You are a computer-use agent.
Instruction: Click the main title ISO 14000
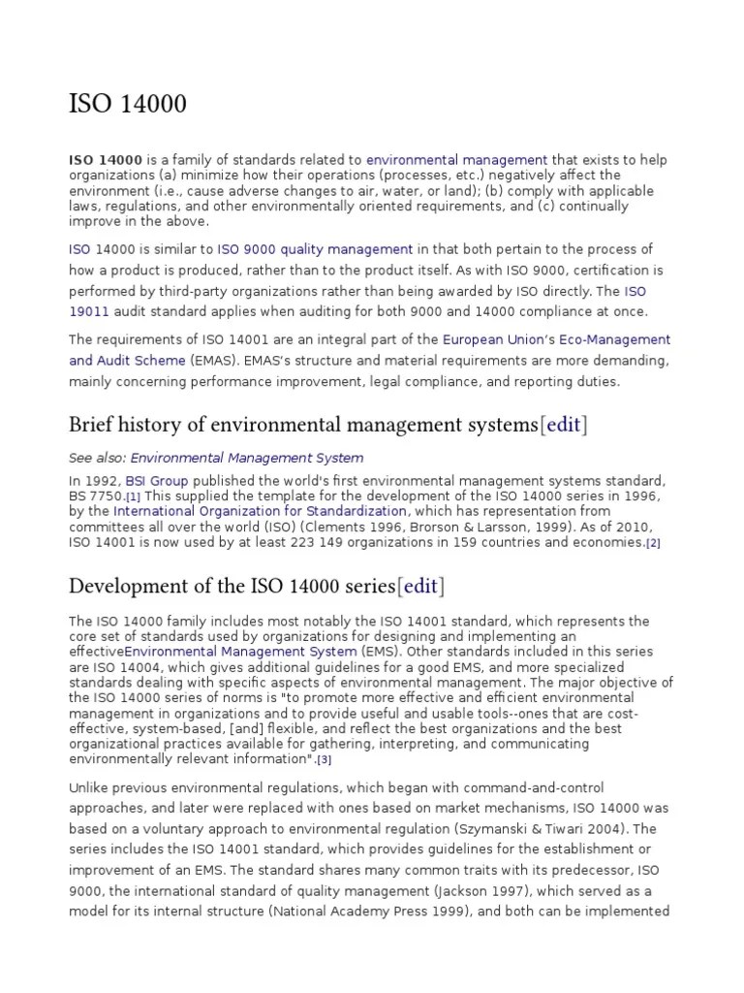tap(128, 103)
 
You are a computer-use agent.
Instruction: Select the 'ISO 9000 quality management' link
tap(315, 249)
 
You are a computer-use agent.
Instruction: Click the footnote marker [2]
tap(653, 543)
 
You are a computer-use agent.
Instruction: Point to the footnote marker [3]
tap(325, 759)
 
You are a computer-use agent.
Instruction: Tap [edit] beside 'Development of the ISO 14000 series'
tap(420, 586)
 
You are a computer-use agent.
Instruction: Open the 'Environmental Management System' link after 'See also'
tap(247, 458)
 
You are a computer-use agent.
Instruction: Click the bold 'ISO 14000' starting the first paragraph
tap(106, 159)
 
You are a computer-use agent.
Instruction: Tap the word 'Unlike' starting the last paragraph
tap(89, 787)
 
